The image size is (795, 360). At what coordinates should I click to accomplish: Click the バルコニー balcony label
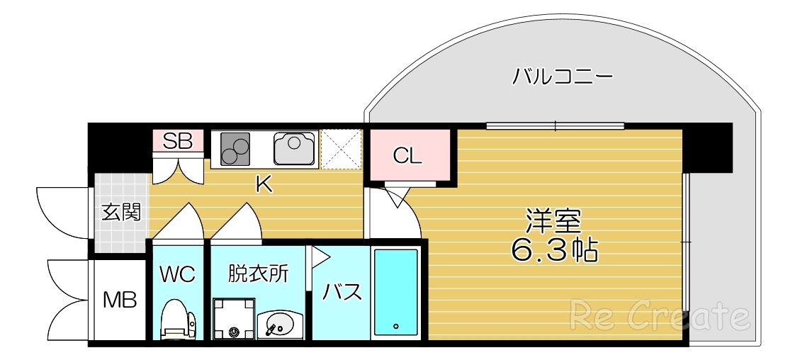point(562,76)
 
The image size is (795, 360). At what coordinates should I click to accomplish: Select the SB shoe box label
point(178,140)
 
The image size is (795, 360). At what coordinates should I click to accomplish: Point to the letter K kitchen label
point(264,185)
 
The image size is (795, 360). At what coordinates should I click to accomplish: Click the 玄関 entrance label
point(120,211)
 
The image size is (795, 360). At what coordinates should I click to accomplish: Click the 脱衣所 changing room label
point(258,274)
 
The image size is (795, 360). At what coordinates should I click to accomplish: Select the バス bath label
point(343,291)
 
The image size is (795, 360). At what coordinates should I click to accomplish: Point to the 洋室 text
point(553,221)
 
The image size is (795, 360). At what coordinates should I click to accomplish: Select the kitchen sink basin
point(295,147)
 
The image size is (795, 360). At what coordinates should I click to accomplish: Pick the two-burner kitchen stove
point(236,148)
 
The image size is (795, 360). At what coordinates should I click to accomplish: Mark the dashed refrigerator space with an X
point(341,149)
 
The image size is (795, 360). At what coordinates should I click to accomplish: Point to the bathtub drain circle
point(395,326)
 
